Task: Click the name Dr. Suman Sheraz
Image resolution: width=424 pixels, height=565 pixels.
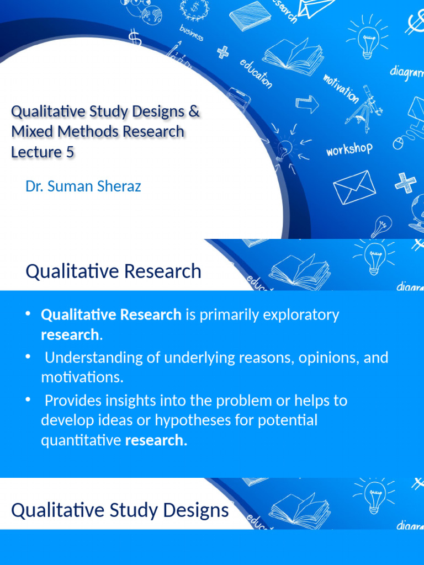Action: click(x=83, y=186)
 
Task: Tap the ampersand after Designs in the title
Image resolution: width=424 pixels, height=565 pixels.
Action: click(x=193, y=112)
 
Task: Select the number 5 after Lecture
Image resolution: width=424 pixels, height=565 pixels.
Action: click(x=70, y=152)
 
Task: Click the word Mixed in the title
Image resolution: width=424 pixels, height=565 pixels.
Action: click(x=30, y=132)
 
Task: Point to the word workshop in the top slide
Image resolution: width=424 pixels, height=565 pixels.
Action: click(x=349, y=149)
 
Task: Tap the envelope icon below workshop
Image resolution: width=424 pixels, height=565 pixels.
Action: click(x=354, y=186)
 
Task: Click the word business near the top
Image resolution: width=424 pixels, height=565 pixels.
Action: click(x=191, y=33)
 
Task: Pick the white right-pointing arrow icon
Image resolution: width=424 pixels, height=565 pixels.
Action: click(x=307, y=104)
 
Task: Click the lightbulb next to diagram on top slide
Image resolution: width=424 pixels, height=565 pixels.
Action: click(x=368, y=39)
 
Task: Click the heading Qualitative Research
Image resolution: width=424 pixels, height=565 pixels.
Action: click(x=114, y=271)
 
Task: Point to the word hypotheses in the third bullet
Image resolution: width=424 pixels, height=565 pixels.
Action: click(x=190, y=420)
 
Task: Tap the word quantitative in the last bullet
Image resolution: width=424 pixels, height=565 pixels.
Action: click(x=81, y=440)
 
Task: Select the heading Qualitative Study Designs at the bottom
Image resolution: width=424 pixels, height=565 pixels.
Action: click(x=120, y=510)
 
